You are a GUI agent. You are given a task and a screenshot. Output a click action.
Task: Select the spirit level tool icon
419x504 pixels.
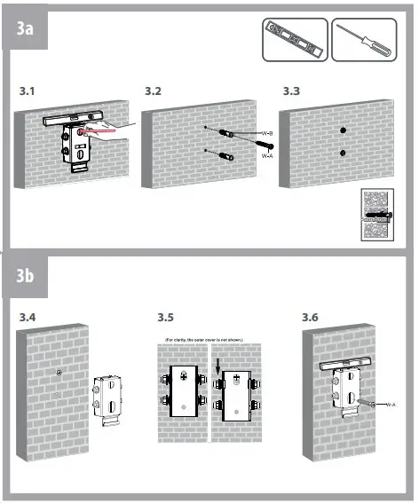point(294,40)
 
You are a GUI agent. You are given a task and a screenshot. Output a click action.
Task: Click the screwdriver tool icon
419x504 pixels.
point(364,40)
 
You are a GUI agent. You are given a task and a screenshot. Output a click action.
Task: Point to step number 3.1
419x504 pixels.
point(29,92)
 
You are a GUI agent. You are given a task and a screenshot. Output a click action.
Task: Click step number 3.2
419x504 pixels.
point(154,92)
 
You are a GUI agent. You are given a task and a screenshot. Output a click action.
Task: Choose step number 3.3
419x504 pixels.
point(291,92)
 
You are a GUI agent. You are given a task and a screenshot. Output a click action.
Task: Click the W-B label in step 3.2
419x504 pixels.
point(267,133)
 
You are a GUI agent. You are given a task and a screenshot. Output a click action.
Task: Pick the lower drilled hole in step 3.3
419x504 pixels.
point(341,154)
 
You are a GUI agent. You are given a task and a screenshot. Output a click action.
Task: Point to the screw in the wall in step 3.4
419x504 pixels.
point(57,372)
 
